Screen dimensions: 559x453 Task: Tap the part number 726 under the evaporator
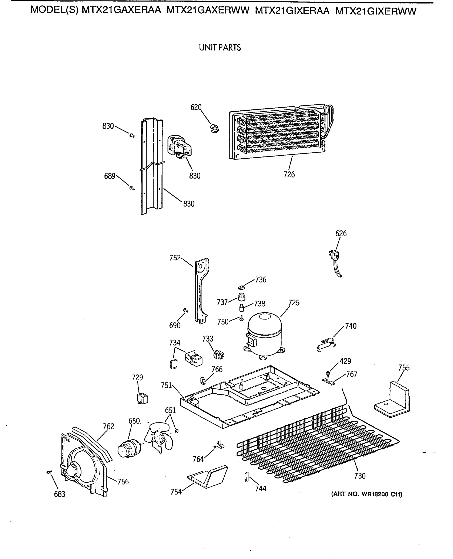tap(289, 174)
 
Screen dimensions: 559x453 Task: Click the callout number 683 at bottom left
tap(60, 494)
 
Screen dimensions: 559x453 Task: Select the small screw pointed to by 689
tap(132, 187)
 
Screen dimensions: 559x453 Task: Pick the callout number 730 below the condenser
tap(359, 476)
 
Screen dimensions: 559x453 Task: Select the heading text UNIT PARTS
tap(220, 48)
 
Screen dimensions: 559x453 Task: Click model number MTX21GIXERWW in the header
tap(376, 11)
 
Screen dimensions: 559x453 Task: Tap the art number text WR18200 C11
tap(367, 494)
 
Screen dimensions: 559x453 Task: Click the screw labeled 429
tap(328, 374)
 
